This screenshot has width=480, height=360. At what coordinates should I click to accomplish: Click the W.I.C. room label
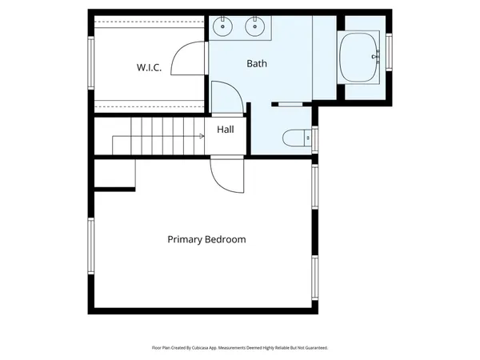point(149,68)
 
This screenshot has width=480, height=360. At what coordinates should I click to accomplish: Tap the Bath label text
point(257,63)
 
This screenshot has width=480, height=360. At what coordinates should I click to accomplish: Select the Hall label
point(226,129)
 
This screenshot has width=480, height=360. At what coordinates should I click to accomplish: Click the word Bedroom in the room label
point(226,239)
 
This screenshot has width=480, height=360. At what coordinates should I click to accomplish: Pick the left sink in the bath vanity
point(222,28)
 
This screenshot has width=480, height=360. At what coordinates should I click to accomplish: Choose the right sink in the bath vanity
point(255,28)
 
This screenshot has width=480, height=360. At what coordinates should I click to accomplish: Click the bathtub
point(359,57)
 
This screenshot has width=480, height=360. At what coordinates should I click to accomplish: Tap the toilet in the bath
point(296,138)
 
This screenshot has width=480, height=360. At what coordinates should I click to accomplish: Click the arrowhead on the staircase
point(202,136)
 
